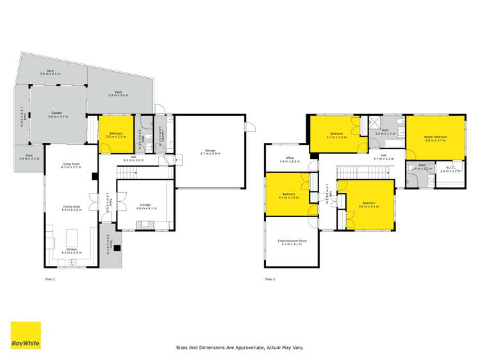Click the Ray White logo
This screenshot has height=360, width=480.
pyautogui.click(x=26, y=336)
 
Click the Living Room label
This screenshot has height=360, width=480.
pyautogui.click(x=70, y=165)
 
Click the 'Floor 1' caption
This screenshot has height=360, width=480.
pyautogui.click(x=50, y=279)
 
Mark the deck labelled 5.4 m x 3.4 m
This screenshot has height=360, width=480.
pyautogui.click(x=119, y=94)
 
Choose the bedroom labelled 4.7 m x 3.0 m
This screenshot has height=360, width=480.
pyautogui.click(x=337, y=135)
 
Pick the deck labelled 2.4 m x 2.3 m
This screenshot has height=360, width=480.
pyautogui.click(x=29, y=157)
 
